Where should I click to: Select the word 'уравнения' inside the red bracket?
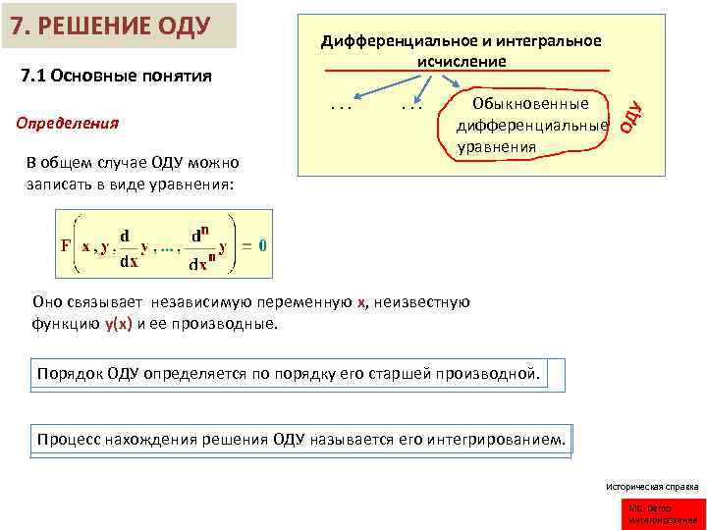click(x=497, y=147)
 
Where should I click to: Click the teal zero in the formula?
click(x=263, y=246)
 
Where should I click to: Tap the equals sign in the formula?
click(x=247, y=246)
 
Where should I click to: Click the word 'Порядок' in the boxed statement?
click(x=68, y=374)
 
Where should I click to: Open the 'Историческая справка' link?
click(x=651, y=486)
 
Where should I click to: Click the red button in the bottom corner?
click(x=664, y=512)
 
